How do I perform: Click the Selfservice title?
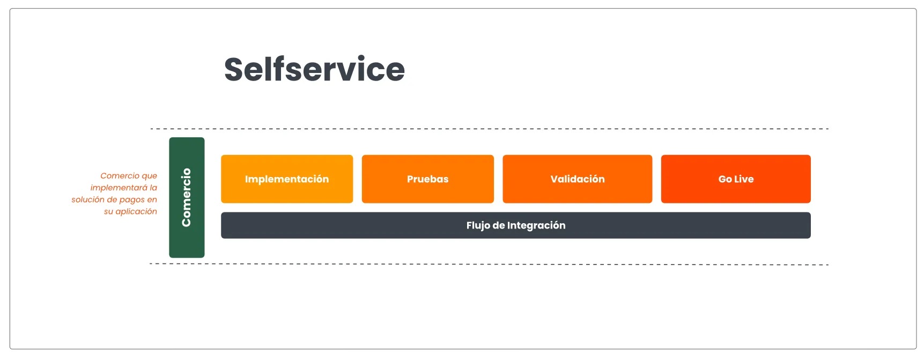314,69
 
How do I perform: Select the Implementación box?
287,179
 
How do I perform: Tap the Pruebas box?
428,179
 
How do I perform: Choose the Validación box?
578,179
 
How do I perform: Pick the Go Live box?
736,179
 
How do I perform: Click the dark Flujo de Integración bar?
516,225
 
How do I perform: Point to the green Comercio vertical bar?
187,197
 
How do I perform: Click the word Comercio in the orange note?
120,175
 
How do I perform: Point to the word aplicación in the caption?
136,211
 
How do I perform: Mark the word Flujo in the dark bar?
478,225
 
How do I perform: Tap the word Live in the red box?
744,179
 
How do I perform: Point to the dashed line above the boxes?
490,129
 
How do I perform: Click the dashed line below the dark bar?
489,264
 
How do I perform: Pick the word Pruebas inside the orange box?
428,179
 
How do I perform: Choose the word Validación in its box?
578,179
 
